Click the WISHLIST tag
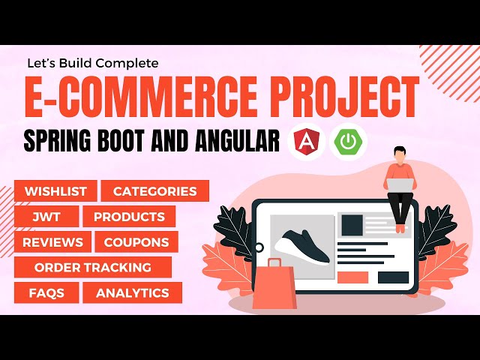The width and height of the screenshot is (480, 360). click(x=55, y=191)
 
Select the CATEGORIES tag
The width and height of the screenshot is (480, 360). click(x=154, y=191)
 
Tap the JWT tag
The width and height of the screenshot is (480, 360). click(x=43, y=217)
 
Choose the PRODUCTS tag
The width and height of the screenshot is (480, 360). click(x=129, y=217)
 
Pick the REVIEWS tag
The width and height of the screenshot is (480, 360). click(x=52, y=242)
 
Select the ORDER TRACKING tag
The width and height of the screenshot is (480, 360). click(x=93, y=267)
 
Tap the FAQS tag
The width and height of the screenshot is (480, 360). click(x=46, y=292)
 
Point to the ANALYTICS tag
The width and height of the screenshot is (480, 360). click(x=132, y=292)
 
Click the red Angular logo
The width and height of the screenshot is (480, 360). click(x=305, y=141)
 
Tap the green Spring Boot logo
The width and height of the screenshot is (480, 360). click(x=349, y=141)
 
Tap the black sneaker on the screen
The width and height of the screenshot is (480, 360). click(x=301, y=247)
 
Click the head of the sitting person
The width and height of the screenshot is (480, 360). click(x=398, y=154)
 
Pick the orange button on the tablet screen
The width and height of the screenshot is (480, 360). click(x=352, y=277)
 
